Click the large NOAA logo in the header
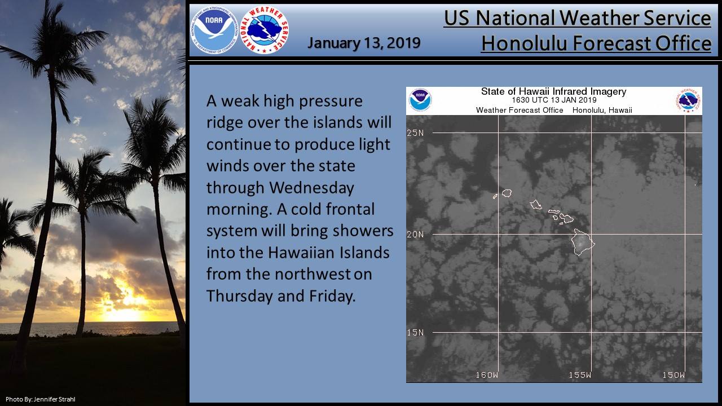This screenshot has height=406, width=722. [214, 30]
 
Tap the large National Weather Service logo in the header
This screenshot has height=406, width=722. [265, 30]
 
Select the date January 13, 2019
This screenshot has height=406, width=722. [364, 43]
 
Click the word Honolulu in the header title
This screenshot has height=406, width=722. [524, 43]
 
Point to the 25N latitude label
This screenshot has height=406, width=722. [415, 133]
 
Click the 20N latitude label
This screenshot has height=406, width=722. [415, 234]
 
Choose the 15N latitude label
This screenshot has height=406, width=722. [415, 332]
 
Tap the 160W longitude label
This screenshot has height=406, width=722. [487, 375]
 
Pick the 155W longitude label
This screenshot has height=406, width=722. [580, 375]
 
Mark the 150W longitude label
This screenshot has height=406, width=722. [673, 375]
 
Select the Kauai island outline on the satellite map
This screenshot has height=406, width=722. [507, 193]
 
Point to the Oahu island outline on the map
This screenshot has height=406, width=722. [536, 205]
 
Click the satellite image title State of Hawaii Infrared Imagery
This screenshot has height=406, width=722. [553, 91]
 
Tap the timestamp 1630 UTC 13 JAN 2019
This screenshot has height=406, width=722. [554, 100]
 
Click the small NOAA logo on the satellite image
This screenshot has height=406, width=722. [420, 100]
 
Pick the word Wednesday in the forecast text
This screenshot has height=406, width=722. [312, 188]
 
